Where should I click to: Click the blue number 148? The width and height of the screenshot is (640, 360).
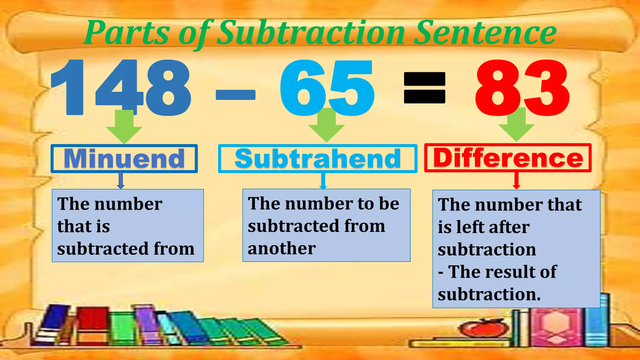pyautogui.click(x=121, y=87)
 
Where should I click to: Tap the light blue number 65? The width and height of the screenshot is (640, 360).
pyautogui.click(x=327, y=87)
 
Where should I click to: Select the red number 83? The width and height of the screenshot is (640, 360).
pyautogui.click(x=522, y=87)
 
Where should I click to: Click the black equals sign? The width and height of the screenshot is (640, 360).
pyautogui.click(x=424, y=87)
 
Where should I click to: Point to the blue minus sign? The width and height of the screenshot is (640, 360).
pyautogui.click(x=236, y=94)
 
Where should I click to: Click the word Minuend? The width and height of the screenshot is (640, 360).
pyautogui.click(x=124, y=158)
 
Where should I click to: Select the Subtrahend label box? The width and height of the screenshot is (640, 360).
pyautogui.click(x=317, y=158)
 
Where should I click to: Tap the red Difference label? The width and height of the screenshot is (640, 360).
pyautogui.click(x=508, y=158)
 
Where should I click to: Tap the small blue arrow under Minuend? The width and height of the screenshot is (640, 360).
pyautogui.click(x=121, y=181)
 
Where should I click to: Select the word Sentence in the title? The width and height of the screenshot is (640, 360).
pyautogui.click(x=486, y=33)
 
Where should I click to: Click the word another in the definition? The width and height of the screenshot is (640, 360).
pyautogui.click(x=282, y=248)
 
